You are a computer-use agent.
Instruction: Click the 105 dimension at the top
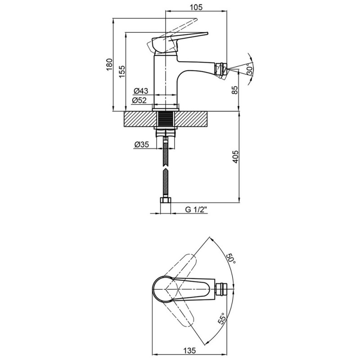pyautogui.click(x=196, y=7)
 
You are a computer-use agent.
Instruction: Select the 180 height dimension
pyautogui.click(x=109, y=65)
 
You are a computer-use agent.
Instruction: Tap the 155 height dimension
pyautogui.click(x=122, y=72)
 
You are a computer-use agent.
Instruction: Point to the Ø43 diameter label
pyautogui.click(x=141, y=91)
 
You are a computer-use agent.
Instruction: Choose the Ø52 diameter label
pyautogui.click(x=139, y=100)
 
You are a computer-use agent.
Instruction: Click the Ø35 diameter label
pyautogui.click(x=142, y=144)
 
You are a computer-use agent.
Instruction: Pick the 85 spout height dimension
pyautogui.click(x=234, y=90)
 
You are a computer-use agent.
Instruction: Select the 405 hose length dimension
pyautogui.click(x=235, y=157)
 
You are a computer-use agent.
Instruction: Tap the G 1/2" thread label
pyautogui.click(x=196, y=210)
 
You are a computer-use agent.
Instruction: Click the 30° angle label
pyautogui.click(x=249, y=69)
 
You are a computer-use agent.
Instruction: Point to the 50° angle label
pyautogui.click(x=231, y=259)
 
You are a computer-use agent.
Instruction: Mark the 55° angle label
pyautogui.click(x=222, y=319)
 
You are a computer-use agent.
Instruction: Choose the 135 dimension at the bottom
pyautogui.click(x=189, y=351)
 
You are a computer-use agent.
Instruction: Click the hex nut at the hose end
pyautogui.click(x=165, y=200)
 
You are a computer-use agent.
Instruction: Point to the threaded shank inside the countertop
pyautogui.click(x=165, y=119)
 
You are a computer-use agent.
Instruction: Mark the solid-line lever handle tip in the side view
pyautogui.click(x=206, y=33)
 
